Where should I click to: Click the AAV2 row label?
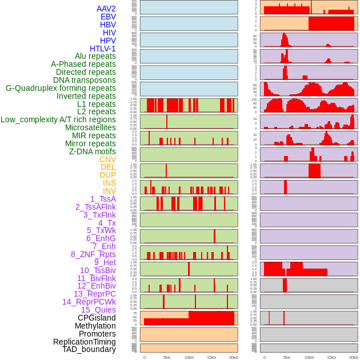[x=106, y=9]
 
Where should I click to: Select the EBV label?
[x=108, y=17]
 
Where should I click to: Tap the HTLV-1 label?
[x=103, y=49]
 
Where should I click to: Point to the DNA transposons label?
[x=85, y=80]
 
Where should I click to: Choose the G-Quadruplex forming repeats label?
[x=61, y=88]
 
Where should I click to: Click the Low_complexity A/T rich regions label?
[x=58, y=119]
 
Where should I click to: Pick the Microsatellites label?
[x=90, y=127]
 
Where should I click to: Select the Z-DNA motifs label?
[x=93, y=151]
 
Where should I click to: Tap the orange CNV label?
[x=107, y=159]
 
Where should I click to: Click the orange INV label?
[x=109, y=191]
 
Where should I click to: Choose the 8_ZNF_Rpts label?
[x=93, y=254]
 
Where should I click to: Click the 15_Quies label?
[x=98, y=310]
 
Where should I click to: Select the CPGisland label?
[x=97, y=318]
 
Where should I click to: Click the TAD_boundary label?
[x=89, y=349]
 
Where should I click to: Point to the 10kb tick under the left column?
[x=189, y=357]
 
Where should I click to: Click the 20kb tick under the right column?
[x=354, y=357]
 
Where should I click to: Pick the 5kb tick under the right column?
[x=287, y=357]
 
